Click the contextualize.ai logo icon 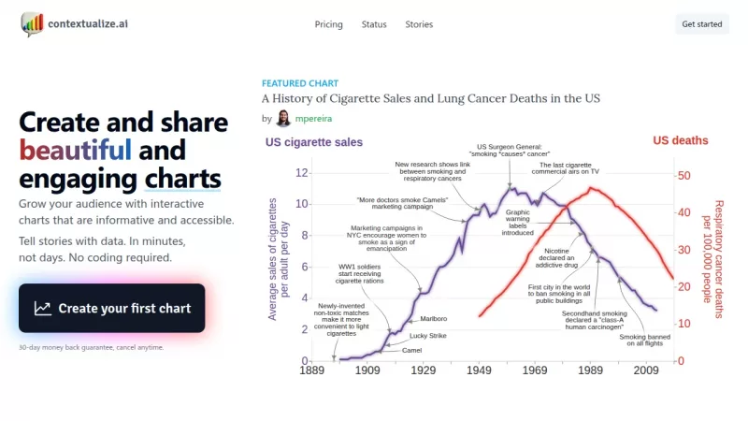(x=32, y=23)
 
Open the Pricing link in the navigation (x=328, y=24)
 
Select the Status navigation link (x=374, y=24)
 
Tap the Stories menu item (x=419, y=24)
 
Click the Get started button (x=701, y=24)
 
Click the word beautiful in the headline (x=75, y=150)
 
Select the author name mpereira (x=313, y=119)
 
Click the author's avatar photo (x=283, y=119)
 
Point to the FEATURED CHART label (x=300, y=82)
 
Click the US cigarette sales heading (x=314, y=142)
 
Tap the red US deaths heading (x=680, y=140)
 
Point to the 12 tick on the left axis (x=301, y=173)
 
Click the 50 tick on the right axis (x=684, y=175)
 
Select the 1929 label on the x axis (x=423, y=371)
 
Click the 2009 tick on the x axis (x=645, y=371)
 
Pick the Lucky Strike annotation (x=428, y=335)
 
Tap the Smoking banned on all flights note (x=645, y=340)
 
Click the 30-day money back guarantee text (x=91, y=347)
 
